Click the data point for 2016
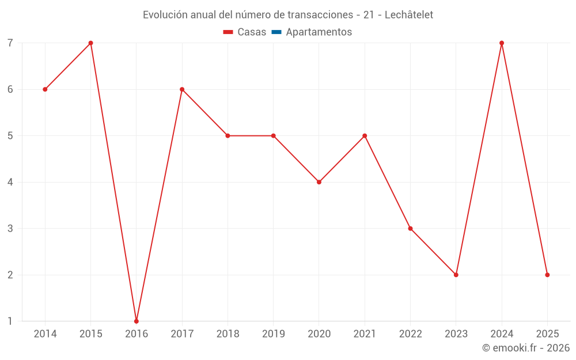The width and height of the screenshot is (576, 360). [137, 321]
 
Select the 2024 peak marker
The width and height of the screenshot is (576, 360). [502, 43]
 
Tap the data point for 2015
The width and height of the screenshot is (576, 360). [90, 43]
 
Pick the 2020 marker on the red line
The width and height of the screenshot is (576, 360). [319, 182]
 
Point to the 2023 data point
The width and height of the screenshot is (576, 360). [456, 275]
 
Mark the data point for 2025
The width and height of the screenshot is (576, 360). [547, 275]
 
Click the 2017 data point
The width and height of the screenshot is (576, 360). [182, 89]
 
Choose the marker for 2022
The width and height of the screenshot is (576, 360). [410, 228]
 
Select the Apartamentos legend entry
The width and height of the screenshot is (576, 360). [319, 32]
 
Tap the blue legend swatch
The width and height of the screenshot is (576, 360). [276, 32]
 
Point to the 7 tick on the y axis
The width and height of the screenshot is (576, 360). [10, 43]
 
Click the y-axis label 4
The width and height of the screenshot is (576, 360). [10, 182]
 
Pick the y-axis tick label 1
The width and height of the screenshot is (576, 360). [10, 321]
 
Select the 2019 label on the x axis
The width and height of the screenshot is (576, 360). [273, 334]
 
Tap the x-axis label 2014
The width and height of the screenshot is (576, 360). [45, 334]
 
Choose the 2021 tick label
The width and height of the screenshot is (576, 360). [365, 334]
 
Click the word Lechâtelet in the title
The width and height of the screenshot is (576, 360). [408, 14]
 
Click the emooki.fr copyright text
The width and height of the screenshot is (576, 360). [526, 348]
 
